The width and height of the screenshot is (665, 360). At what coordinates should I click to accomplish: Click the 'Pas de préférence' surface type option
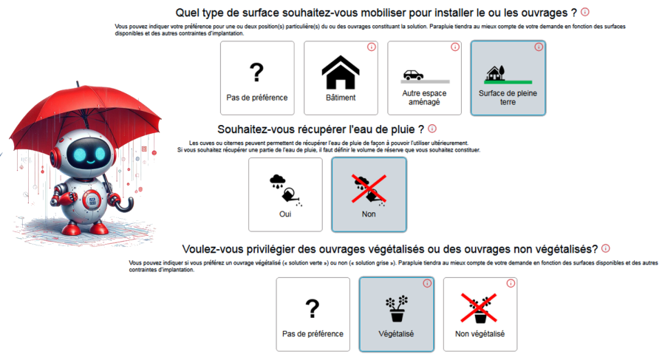click(256, 78)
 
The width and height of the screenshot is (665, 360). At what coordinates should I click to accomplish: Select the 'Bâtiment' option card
click(341, 78)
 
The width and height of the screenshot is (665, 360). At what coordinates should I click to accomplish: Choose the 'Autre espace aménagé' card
click(424, 78)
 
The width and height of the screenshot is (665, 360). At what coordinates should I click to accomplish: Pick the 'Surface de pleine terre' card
click(508, 78)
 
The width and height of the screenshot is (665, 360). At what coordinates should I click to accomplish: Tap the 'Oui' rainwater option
click(285, 194)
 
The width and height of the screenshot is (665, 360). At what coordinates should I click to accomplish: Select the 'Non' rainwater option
click(369, 194)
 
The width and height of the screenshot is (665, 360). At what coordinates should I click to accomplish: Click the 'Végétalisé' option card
click(396, 314)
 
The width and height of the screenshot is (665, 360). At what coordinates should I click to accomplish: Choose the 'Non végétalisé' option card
click(480, 314)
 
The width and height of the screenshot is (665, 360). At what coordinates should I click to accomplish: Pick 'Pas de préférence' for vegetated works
click(313, 314)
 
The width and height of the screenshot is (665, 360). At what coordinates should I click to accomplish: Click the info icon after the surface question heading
click(585, 12)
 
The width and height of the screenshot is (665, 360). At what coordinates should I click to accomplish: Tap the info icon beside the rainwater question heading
click(432, 129)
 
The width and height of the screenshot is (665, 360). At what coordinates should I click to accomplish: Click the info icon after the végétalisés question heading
click(606, 248)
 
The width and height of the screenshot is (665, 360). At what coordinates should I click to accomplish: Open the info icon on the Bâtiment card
click(371, 47)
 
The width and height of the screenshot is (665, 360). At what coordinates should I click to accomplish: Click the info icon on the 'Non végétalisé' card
click(511, 283)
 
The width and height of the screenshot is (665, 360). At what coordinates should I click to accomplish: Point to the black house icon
click(341, 72)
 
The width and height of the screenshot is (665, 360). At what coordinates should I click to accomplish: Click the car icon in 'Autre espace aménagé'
click(413, 75)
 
